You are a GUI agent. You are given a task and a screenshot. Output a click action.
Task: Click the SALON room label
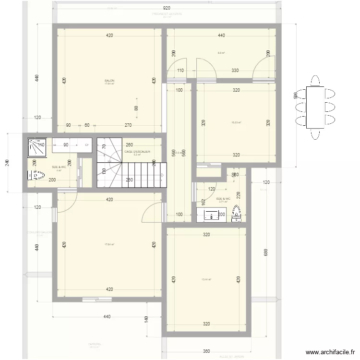tap(109, 81)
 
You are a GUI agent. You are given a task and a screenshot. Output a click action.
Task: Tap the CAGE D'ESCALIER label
tap(137, 152)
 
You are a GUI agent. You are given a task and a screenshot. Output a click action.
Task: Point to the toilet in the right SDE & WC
tap(237, 215)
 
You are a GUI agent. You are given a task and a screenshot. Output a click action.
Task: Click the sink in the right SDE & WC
tap(211, 216)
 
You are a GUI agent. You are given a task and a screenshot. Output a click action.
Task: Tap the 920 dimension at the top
tap(167, 8)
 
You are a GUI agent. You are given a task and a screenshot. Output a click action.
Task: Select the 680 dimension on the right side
tap(265, 252)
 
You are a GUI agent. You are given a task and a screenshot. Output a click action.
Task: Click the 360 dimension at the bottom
tap(206, 351)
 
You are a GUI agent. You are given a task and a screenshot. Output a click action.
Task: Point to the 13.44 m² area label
tap(206, 279)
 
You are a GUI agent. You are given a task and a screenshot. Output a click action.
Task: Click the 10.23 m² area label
tap(236, 122)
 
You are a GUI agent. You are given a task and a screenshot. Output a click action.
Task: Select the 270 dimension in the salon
tap(128, 125)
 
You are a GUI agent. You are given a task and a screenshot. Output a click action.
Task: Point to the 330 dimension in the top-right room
tap(235, 71)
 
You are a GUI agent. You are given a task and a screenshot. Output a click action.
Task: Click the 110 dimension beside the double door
tap(180, 71)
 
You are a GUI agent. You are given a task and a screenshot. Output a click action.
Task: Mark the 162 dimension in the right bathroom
tap(203, 202)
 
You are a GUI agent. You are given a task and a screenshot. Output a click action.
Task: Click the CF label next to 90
tap(87, 144)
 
